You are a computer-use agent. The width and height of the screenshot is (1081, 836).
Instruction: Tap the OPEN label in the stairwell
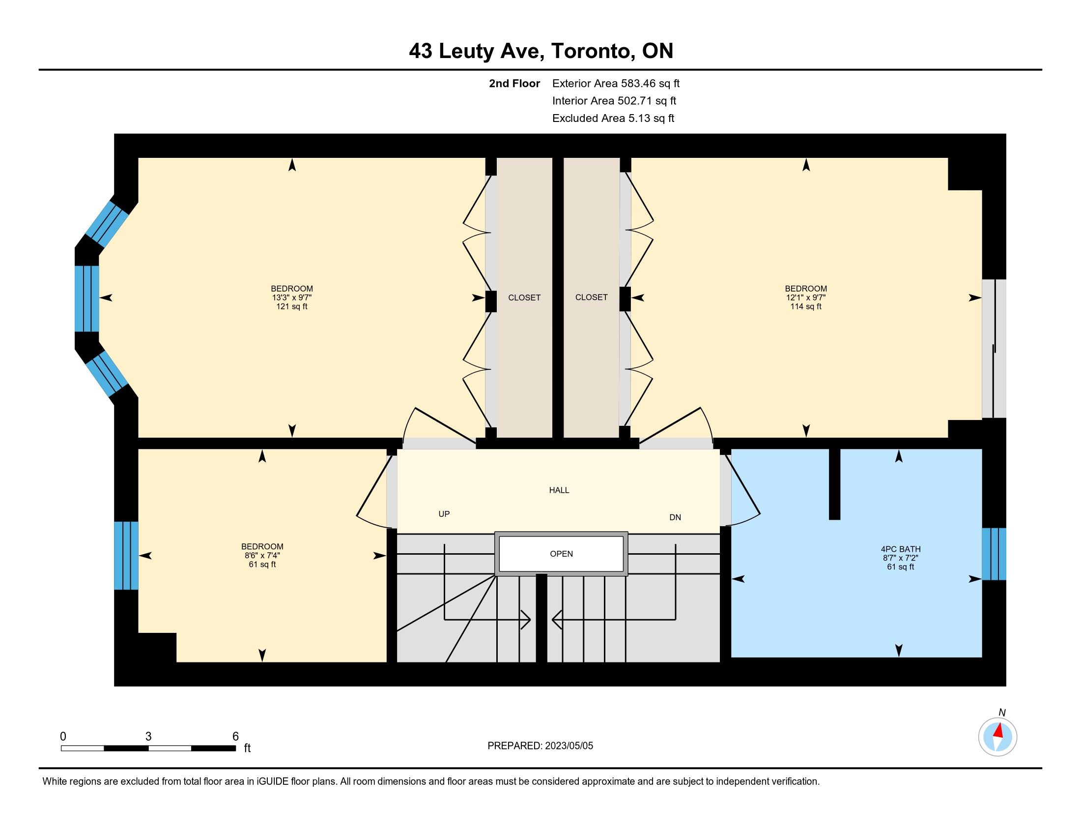point(561,554)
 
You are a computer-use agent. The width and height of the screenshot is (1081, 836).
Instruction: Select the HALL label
point(559,490)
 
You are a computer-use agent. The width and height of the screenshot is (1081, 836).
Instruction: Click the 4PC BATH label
point(900,549)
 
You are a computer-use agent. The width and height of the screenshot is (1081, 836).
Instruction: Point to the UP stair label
point(444,514)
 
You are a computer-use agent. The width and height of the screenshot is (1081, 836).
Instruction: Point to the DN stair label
point(675,517)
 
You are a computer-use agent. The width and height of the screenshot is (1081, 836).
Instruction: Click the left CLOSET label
point(524,298)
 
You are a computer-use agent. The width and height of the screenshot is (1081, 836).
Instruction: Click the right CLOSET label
point(592,297)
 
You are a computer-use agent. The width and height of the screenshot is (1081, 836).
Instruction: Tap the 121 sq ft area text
point(292,306)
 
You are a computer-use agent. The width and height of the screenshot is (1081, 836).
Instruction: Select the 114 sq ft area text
point(806,306)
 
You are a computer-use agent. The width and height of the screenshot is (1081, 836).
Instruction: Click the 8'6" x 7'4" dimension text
point(262,556)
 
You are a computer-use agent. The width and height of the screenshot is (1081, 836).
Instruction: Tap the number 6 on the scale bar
point(235,737)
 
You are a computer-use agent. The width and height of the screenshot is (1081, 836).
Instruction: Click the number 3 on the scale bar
point(148,737)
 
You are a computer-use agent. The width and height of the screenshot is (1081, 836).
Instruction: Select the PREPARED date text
point(540,746)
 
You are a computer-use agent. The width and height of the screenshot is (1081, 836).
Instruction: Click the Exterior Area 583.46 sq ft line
point(616,84)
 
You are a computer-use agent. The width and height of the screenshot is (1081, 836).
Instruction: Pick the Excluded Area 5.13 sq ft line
point(613,119)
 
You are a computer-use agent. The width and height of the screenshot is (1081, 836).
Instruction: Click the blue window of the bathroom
point(994,554)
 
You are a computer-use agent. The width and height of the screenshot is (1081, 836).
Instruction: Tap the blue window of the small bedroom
point(126,556)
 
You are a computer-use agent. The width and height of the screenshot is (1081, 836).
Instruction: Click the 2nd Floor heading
point(514,84)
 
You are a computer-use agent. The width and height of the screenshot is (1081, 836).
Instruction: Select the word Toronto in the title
point(591,52)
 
